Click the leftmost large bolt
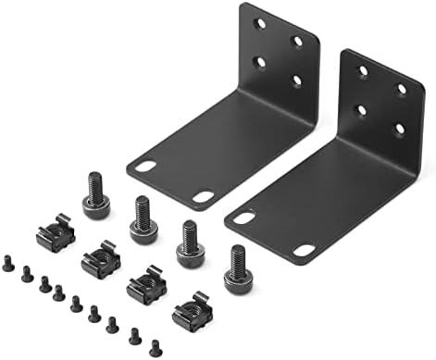[95, 193]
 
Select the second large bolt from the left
[143, 218]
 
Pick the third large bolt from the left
[190, 242]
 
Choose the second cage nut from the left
[100, 262]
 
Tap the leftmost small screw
[9, 264]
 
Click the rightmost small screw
[154, 348]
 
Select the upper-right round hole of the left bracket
[297, 41]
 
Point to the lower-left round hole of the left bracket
[260, 62]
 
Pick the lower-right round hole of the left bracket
[297, 81]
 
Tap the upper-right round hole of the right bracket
[402, 89]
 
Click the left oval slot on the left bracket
[146, 167]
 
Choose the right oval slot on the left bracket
[203, 196]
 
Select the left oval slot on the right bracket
[244, 217]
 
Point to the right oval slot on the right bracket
[304, 249]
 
